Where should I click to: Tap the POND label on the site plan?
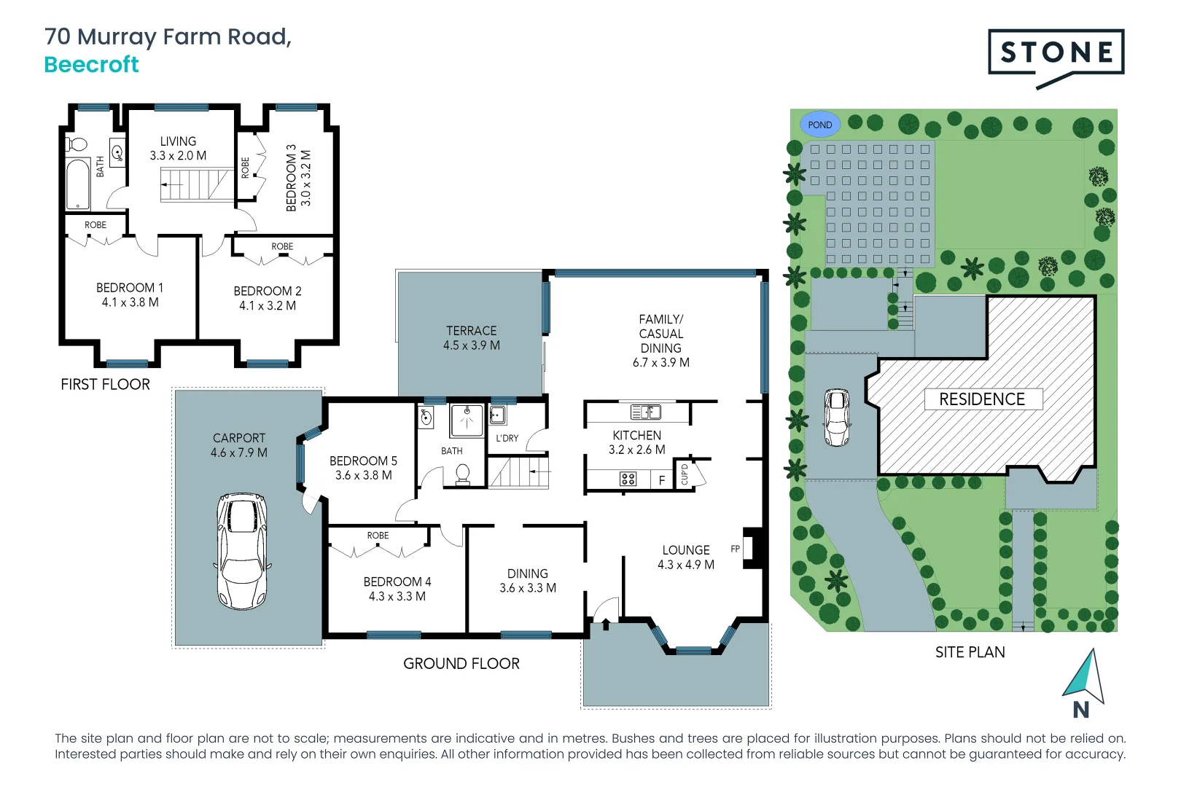pyautogui.click(x=819, y=125)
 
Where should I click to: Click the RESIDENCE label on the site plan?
pyautogui.click(x=982, y=399)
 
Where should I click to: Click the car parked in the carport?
pyautogui.click(x=242, y=551)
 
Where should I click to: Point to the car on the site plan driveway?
pyautogui.click(x=837, y=417)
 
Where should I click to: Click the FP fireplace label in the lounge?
pyautogui.click(x=735, y=549)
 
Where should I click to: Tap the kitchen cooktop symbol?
pyautogui.click(x=628, y=479)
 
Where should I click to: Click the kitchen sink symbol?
pyautogui.click(x=645, y=412)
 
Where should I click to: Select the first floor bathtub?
pyautogui.click(x=77, y=184)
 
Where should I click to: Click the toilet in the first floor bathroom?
pyautogui.click(x=76, y=144)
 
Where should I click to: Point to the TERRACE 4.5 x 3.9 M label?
pyautogui.click(x=472, y=338)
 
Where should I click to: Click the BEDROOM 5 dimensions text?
pyautogui.click(x=363, y=475)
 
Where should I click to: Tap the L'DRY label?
pyautogui.click(x=507, y=438)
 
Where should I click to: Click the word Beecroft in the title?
pyautogui.click(x=91, y=64)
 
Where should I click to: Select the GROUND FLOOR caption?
pyautogui.click(x=461, y=664)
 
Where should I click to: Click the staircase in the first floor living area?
pyautogui.click(x=195, y=185)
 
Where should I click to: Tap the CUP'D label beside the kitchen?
pyautogui.click(x=684, y=475)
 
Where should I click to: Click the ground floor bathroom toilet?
pyautogui.click(x=462, y=474)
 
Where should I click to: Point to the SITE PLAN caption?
pyautogui.click(x=970, y=652)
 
